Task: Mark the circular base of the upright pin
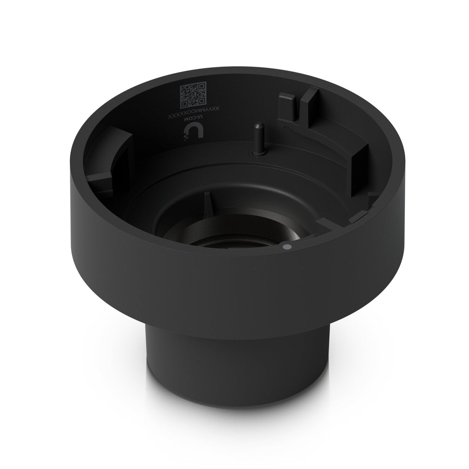255,153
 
